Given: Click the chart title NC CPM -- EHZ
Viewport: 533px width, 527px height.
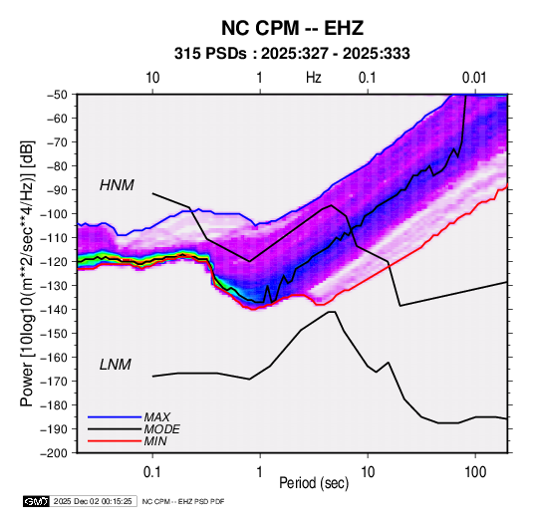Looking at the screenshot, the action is click(x=292, y=28).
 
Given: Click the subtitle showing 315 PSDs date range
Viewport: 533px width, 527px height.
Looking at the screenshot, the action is click(x=292, y=54).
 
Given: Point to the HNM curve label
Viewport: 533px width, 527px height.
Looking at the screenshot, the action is click(x=117, y=185).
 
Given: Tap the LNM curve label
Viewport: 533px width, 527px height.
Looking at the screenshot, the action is click(x=116, y=365).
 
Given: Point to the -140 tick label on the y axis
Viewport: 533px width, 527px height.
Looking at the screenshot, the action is click(x=56, y=310).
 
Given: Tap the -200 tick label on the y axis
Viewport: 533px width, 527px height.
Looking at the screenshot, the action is click(x=56, y=453).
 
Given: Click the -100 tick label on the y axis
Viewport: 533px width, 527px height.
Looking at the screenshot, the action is click(x=56, y=214).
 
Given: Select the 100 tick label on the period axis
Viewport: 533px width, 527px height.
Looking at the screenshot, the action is click(x=475, y=472).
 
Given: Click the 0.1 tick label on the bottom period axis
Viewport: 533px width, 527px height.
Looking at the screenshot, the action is click(x=152, y=472).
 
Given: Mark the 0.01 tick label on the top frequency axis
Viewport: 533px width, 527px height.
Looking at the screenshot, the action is click(x=474, y=78).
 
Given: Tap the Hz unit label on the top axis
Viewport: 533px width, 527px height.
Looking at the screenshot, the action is click(x=314, y=78).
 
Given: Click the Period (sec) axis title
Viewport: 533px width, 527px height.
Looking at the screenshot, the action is click(x=314, y=483).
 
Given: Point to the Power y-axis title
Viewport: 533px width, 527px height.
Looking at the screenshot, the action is click(x=27, y=274).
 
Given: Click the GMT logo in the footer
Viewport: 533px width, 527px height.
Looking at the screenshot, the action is click(x=37, y=501).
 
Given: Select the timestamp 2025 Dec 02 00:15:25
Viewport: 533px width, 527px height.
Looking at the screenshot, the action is click(x=93, y=501).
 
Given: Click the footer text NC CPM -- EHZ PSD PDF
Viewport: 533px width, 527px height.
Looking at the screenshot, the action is click(x=183, y=501).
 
